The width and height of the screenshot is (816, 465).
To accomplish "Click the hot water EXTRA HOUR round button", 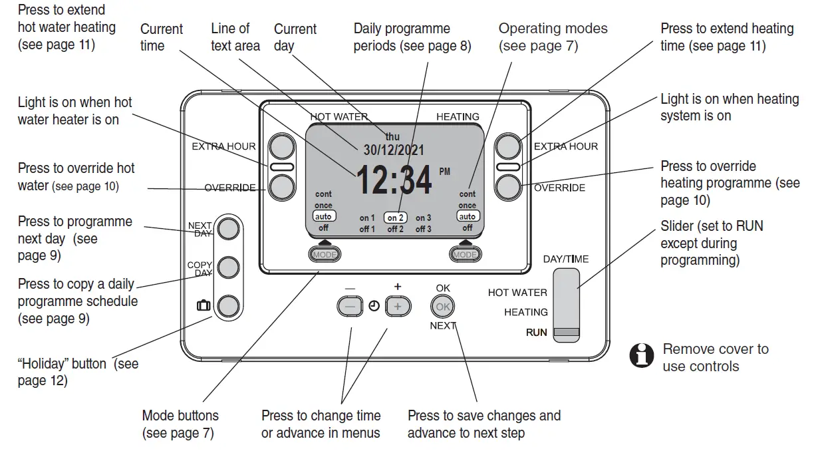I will click(x=281, y=146).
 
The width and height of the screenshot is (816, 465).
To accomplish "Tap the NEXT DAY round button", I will click(x=228, y=228).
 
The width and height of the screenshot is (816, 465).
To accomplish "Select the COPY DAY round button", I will click(x=228, y=267).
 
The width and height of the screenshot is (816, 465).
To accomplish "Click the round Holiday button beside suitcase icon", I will click(x=228, y=306).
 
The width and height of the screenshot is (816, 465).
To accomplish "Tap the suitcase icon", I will click(x=204, y=306).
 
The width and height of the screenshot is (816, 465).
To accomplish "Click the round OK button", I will click(x=442, y=307).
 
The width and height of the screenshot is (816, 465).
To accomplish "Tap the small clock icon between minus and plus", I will click(x=374, y=307).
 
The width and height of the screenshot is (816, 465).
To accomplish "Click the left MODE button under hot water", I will click(x=324, y=254).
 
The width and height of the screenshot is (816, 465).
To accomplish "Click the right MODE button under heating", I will click(x=465, y=254).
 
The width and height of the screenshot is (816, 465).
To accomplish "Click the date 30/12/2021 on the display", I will click(x=393, y=150).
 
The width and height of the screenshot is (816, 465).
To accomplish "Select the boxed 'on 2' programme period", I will click(x=396, y=218).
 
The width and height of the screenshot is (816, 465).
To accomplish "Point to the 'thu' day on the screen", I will click(x=392, y=136).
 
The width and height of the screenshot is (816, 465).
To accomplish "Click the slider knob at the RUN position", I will click(x=567, y=333).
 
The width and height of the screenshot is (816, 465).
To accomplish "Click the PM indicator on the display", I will click(x=444, y=172).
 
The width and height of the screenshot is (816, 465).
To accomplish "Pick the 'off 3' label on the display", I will click(x=424, y=230).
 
